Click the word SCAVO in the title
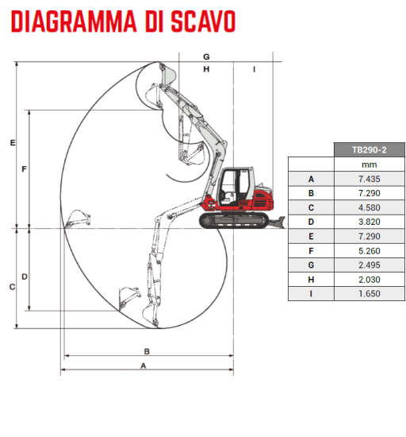point(203,21)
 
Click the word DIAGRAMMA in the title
point(74,21)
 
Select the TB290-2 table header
point(369,150)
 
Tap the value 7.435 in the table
point(369,179)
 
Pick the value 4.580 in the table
point(369,207)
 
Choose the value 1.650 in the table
point(369,294)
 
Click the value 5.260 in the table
point(369,251)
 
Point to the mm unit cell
point(369,164)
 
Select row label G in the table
point(311,265)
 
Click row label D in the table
point(311,222)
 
